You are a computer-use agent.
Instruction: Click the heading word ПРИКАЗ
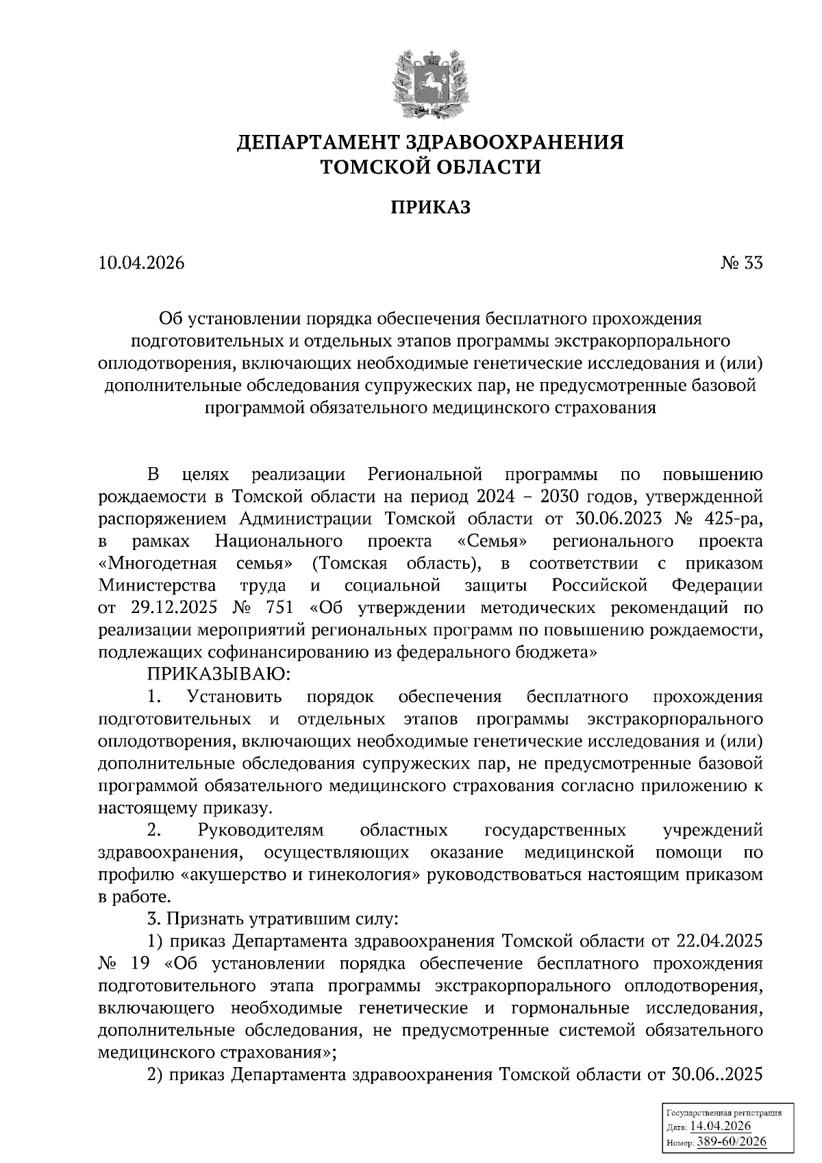[430, 208]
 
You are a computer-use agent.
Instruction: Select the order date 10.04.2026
[142, 263]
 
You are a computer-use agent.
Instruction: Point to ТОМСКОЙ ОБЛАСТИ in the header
[430, 166]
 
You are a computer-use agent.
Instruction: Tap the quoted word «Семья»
[492, 540]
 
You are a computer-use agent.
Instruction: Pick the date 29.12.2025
[169, 608]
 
